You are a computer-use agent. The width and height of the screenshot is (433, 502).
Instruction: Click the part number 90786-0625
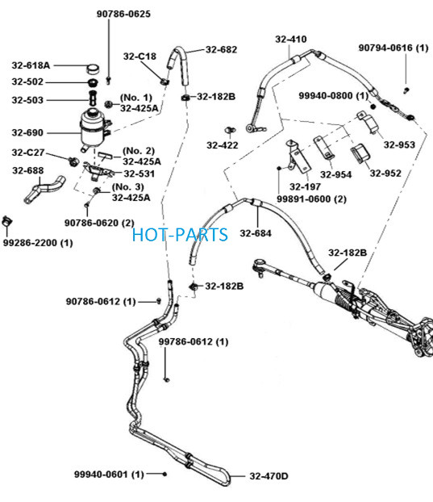[x=123, y=14]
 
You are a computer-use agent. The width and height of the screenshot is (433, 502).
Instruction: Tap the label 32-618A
[x=31, y=65]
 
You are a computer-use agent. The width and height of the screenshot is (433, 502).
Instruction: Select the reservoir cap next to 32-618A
[x=93, y=68]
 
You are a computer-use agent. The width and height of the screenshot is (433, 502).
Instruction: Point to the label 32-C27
[x=28, y=153]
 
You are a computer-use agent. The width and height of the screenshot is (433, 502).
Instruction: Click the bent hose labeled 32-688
[x=44, y=189]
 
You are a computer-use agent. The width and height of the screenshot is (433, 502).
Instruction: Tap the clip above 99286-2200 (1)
[x=6, y=221]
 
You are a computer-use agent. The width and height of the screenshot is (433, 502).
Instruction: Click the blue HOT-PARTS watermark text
[x=180, y=235]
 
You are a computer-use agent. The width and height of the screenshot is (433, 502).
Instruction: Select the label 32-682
[x=221, y=49]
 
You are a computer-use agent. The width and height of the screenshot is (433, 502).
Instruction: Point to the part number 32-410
[x=291, y=39]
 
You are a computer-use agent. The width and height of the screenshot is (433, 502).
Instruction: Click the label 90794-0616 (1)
[x=393, y=48]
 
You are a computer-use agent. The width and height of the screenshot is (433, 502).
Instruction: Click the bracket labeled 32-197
[x=298, y=157]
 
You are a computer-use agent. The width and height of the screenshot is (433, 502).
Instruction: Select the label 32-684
[x=256, y=233]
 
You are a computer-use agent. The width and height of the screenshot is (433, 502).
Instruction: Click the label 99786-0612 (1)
[x=194, y=341]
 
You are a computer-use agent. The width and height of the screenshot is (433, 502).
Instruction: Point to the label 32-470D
[x=269, y=476]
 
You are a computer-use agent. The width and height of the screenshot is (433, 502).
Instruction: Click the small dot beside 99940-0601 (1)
[x=164, y=474]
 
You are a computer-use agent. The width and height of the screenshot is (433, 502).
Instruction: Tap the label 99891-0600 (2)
[x=311, y=199]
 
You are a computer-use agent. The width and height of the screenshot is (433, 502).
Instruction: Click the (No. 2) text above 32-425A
[x=139, y=150]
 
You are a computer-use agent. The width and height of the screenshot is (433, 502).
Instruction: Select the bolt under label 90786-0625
[x=108, y=80]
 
